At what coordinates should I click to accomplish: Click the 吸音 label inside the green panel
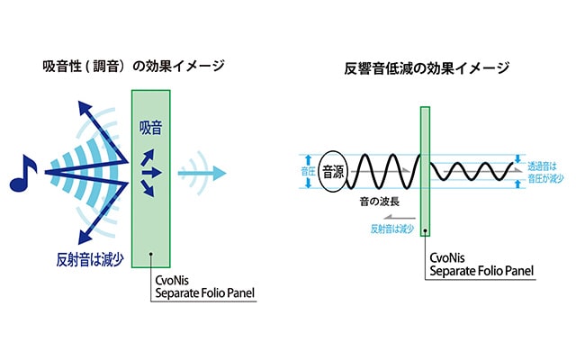pos(150,128)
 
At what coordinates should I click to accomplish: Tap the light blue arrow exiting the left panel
pos(202,173)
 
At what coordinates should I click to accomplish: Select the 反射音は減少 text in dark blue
pos(90,260)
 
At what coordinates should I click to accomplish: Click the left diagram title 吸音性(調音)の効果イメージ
pos(134,67)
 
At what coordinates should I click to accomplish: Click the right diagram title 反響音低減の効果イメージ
pos(427,68)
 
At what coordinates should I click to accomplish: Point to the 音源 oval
pos(333,172)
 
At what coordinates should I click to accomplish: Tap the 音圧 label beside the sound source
pos(308,172)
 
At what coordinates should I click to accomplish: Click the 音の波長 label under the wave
pos(380,202)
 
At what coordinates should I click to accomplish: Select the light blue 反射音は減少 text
pos(392,229)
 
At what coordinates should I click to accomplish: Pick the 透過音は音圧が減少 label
pos(545,172)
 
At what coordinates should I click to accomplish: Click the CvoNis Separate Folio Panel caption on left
pos(204,286)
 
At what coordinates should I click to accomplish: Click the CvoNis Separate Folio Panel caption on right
pos(481,265)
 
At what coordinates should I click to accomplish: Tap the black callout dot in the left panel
pos(150,254)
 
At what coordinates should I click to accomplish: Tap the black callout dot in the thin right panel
pos(425,230)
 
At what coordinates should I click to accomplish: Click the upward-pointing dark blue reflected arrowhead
pos(85,108)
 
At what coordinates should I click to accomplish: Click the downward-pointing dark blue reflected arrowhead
pos(85,237)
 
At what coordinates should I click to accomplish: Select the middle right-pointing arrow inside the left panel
pos(152,172)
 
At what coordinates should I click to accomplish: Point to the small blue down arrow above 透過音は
pos(518,158)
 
